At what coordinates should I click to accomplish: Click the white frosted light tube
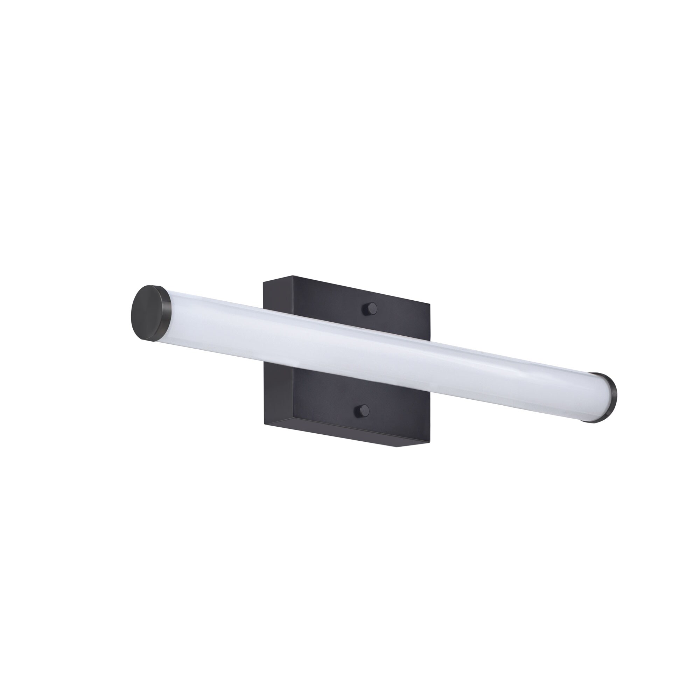pos(435,362)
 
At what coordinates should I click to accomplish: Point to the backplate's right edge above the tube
pos(429,326)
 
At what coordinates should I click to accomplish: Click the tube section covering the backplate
pos(348,348)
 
